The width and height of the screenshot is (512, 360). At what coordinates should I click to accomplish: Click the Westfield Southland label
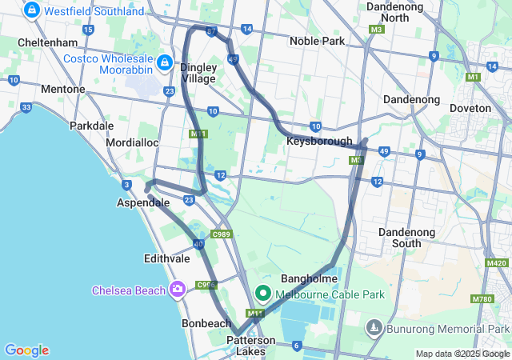94,11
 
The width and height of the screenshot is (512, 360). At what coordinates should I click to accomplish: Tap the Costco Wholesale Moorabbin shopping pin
165,62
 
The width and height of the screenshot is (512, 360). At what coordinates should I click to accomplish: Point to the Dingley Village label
198,73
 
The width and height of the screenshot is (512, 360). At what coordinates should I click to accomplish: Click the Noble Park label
317,40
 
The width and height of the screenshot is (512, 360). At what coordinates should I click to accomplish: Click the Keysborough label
319,142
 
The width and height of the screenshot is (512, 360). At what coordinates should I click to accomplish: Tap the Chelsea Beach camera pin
178,290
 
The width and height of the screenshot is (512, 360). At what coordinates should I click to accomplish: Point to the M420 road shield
497,263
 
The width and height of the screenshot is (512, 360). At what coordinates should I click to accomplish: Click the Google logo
26,350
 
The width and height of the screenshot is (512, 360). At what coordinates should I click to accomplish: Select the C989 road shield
221,234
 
